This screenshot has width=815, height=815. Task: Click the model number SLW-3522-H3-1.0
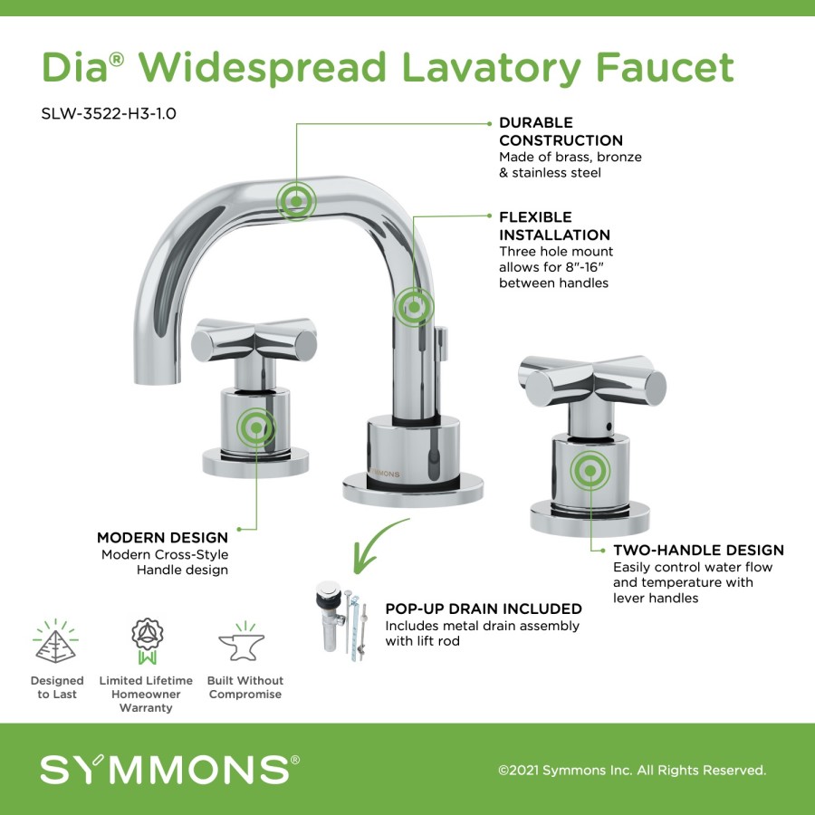[x=109, y=113]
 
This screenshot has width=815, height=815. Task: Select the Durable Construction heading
[x=561, y=131]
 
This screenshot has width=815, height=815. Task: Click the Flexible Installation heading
[x=554, y=226]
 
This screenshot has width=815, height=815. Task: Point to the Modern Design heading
[x=162, y=537]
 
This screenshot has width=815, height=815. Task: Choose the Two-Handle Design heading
[x=698, y=550]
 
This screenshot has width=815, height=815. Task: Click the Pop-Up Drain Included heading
[x=484, y=609]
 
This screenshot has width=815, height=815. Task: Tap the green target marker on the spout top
[x=296, y=201]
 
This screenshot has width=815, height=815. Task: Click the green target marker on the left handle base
[x=256, y=427]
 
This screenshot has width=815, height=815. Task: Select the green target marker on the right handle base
[x=590, y=470]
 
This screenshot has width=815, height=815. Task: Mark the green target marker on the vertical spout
[x=414, y=307]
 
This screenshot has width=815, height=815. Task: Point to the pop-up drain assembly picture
[x=342, y=621]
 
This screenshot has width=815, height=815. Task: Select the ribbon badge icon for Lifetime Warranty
[x=147, y=641]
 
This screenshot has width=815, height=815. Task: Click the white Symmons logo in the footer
[x=169, y=769]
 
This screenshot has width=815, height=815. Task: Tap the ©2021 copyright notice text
[x=632, y=770]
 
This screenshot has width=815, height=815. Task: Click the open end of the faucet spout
[x=157, y=382]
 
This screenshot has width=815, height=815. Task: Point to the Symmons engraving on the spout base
[x=385, y=474]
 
